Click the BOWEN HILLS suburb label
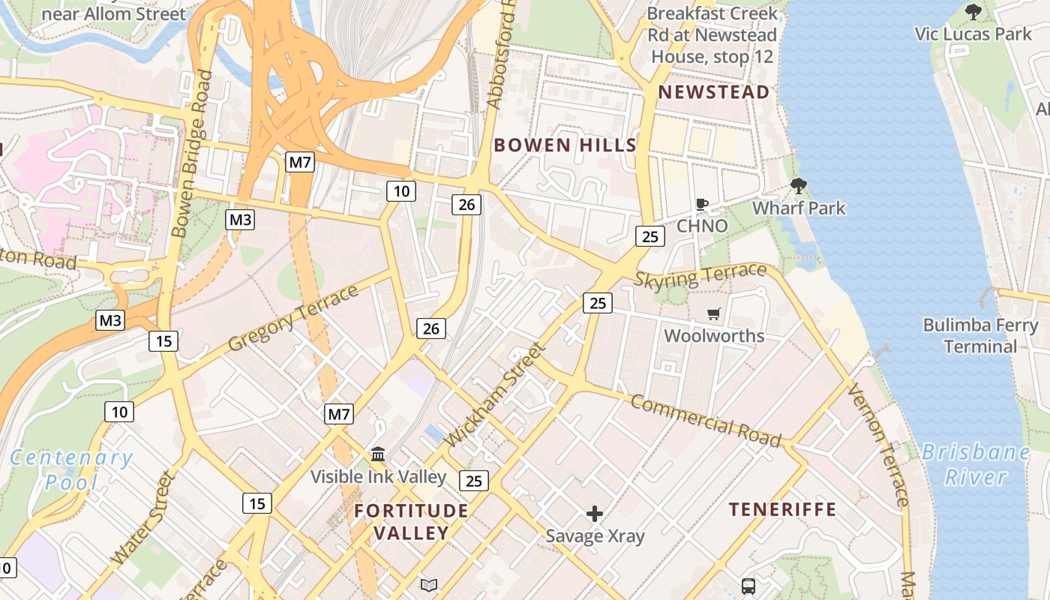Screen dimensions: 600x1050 coord(565,145)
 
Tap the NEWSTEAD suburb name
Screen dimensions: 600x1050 coord(713,92)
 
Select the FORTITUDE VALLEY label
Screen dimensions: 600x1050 coord(411,522)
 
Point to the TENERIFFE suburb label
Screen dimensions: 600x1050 coord(783,510)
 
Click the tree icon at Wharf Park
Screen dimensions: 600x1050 coord(799,185)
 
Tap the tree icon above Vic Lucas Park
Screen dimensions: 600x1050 coord(973,12)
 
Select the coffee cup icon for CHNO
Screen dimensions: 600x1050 coord(702,204)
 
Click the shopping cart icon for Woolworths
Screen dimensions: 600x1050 coord(713,313)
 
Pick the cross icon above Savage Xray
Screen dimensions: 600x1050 coord(595,514)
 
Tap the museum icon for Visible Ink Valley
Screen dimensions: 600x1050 coord(378,454)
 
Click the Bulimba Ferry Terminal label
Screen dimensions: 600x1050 coord(980,336)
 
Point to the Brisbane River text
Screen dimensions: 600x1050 coord(975,464)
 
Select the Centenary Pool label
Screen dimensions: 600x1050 coord(71,469)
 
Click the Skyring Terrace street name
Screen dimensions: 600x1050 coord(700,275)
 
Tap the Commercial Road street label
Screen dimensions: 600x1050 coord(705,420)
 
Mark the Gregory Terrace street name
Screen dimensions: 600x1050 coord(293,318)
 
